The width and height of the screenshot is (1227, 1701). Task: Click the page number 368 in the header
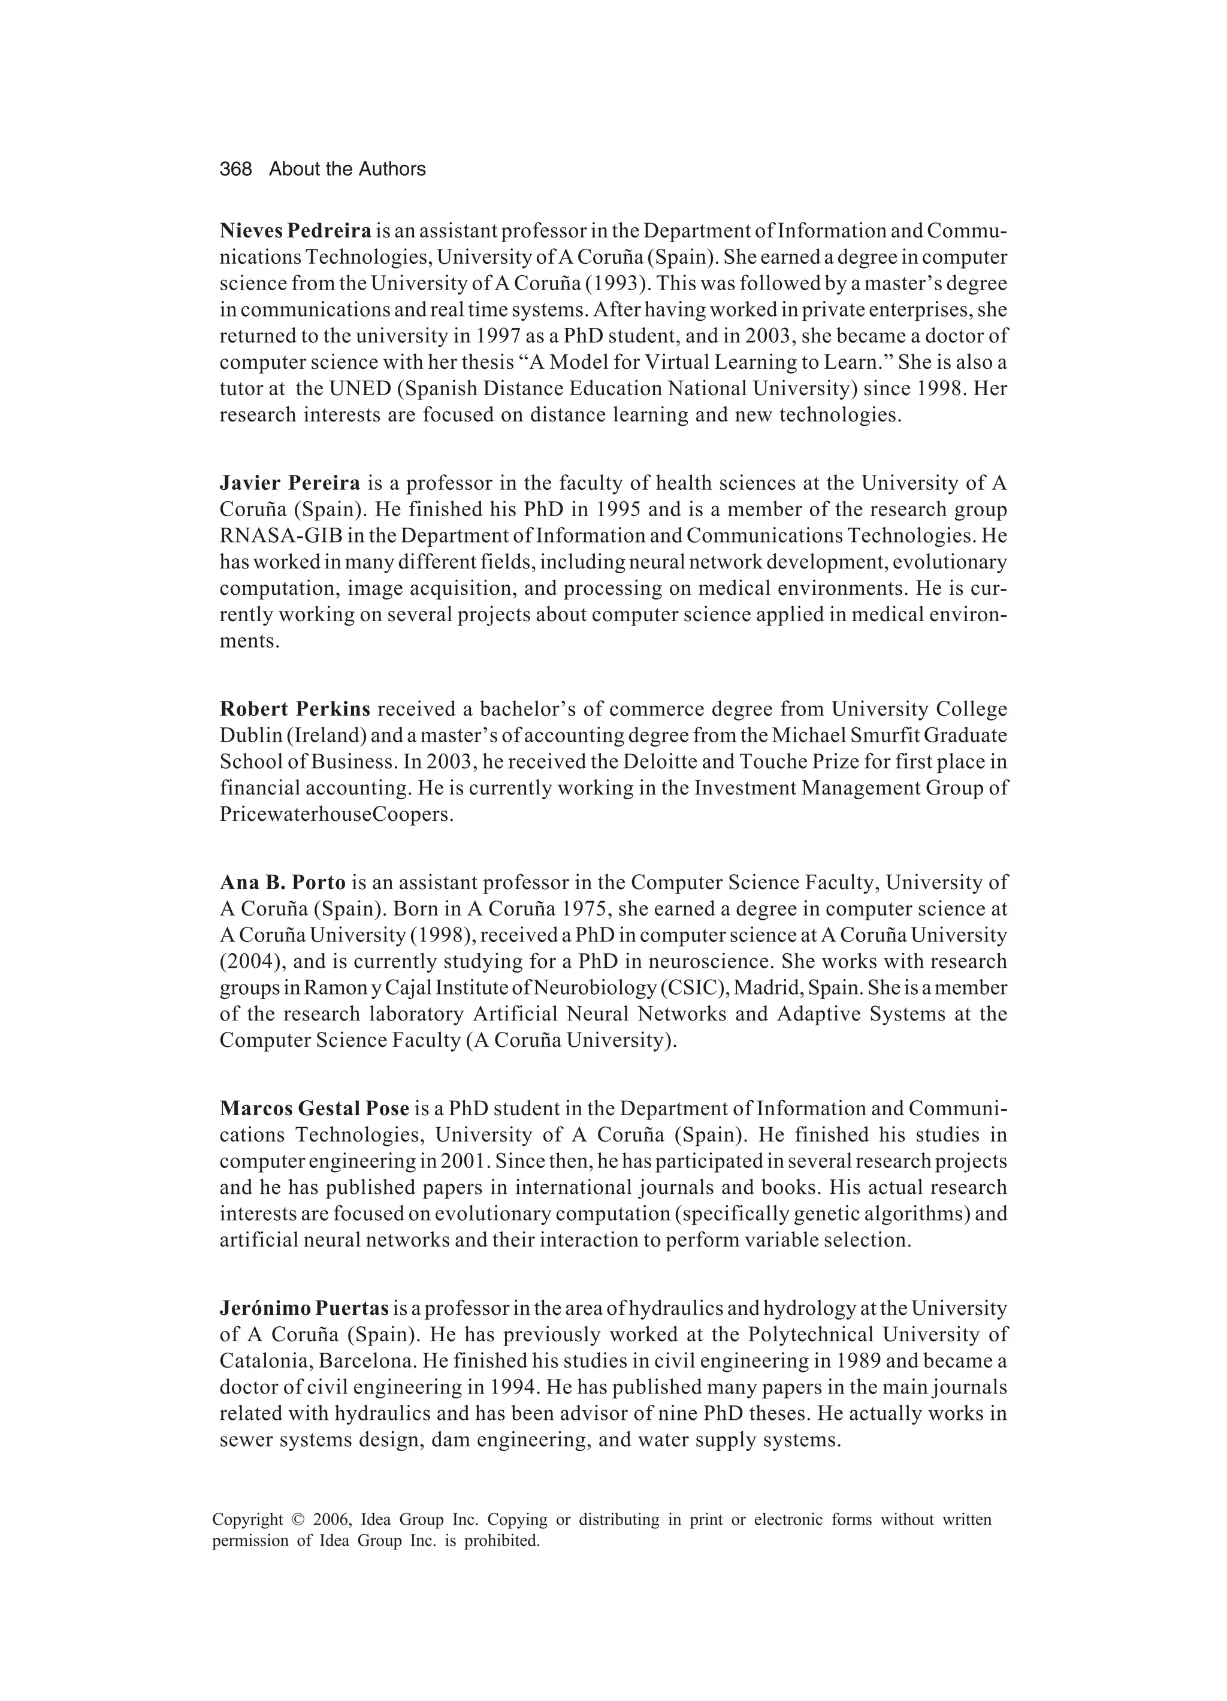pos(235,170)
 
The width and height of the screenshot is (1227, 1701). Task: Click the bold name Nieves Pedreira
pos(295,230)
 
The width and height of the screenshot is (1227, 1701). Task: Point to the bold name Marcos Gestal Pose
pos(314,1109)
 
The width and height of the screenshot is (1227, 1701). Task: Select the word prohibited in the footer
pos(502,1542)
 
